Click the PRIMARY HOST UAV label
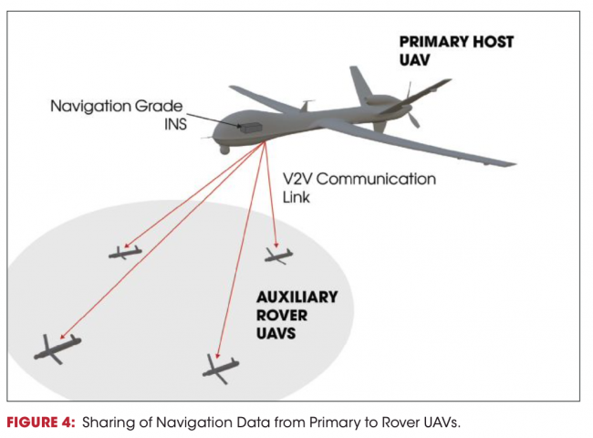pos(457,50)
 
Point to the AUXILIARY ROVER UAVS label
pos(296,316)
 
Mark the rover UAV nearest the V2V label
pos(279,255)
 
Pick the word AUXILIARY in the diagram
pos(296,297)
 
